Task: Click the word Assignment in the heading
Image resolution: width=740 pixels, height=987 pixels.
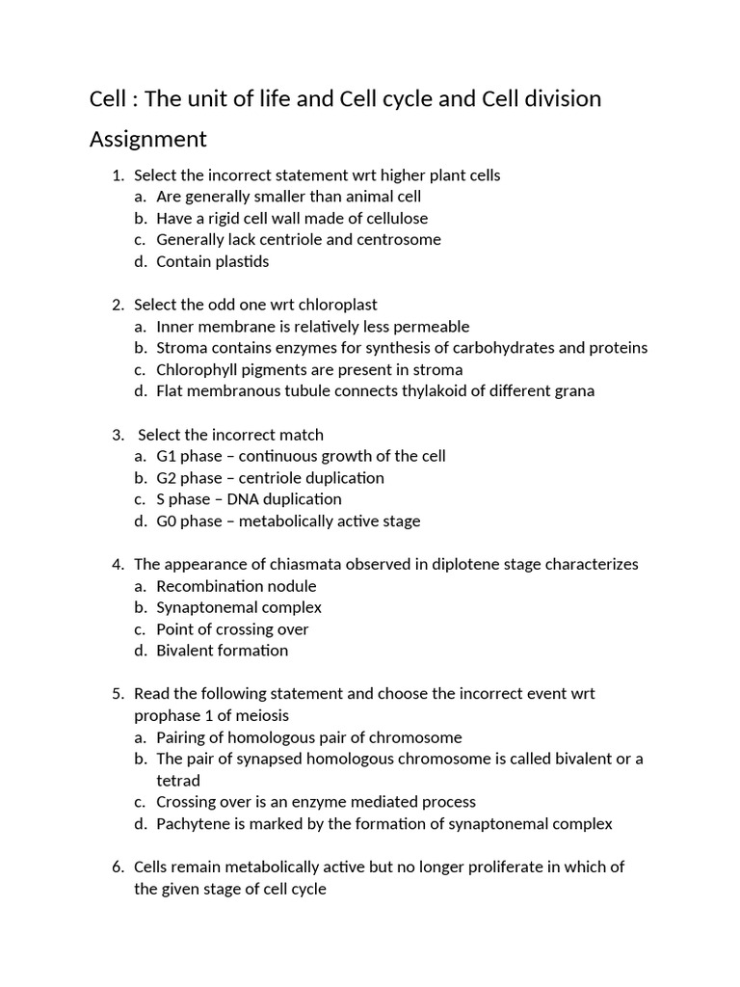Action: (x=147, y=140)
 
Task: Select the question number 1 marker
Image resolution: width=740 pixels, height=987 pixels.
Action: (x=118, y=175)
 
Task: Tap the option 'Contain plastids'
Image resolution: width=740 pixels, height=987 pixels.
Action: (x=213, y=261)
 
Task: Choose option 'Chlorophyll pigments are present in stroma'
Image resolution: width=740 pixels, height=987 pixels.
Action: (x=309, y=369)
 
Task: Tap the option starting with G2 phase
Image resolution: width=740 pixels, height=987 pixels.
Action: (x=270, y=478)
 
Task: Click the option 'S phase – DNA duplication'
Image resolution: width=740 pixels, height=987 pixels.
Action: (x=249, y=499)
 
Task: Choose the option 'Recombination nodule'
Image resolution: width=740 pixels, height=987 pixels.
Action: (x=236, y=586)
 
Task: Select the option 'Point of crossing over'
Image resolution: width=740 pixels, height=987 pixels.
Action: (x=232, y=629)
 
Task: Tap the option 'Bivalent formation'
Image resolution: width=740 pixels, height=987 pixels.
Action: (x=223, y=651)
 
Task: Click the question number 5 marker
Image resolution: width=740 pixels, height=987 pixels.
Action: (x=118, y=694)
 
